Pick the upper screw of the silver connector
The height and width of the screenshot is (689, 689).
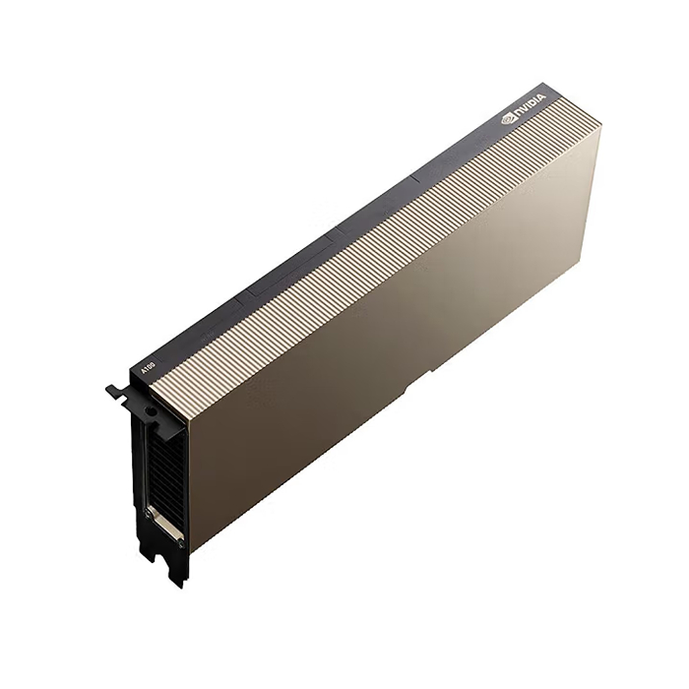pyautogui.click(x=151, y=512)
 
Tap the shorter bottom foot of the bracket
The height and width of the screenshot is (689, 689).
pyautogui.click(x=147, y=551)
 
